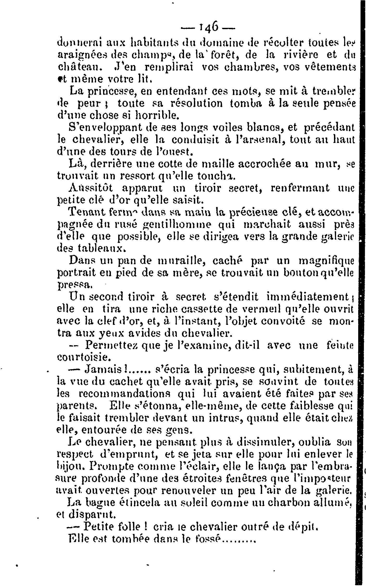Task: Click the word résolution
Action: point(192,103)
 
